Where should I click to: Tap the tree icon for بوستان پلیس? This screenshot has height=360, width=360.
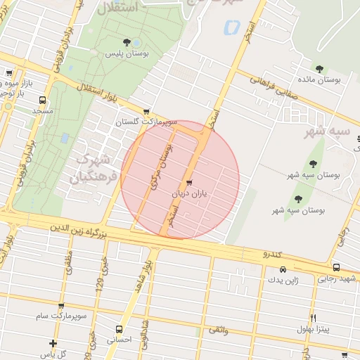point(127,42)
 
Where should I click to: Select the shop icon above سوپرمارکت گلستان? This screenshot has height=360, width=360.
point(146,111)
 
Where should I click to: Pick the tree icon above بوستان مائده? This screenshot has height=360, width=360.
point(319,69)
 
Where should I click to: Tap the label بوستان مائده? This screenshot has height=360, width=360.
point(320,80)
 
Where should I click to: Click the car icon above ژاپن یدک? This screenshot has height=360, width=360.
point(283,269)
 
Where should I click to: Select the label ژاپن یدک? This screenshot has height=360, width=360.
point(283,280)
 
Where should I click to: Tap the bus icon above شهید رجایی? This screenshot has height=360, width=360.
point(336,267)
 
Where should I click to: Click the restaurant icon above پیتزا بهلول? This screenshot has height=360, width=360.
point(314,318)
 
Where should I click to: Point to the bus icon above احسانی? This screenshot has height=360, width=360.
point(119,328)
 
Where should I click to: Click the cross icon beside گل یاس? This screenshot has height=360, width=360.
point(53,343)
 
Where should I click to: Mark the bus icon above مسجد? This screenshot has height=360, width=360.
point(42,100)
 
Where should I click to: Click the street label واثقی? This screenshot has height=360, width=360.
point(218,329)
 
